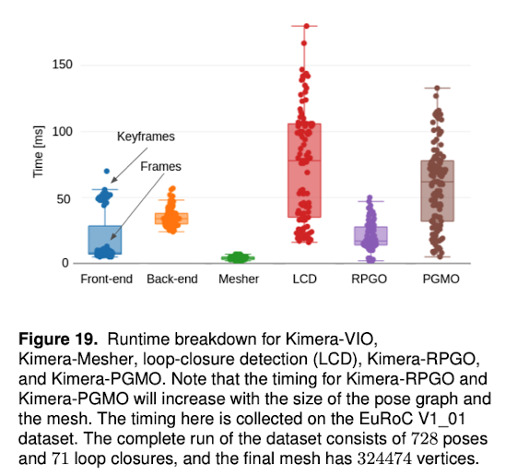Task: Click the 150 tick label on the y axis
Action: [x=62, y=65]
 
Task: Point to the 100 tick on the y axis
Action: [x=62, y=131]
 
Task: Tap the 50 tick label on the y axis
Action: [x=64, y=199]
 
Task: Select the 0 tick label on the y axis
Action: [x=65, y=263]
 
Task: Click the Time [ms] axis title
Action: [x=39, y=152]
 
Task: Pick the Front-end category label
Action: [x=107, y=280]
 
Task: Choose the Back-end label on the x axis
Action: [x=172, y=280]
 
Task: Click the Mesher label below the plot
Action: [x=239, y=280]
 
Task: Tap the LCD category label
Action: [x=305, y=280]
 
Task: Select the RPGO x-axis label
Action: [x=369, y=280]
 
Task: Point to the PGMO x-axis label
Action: [x=441, y=280]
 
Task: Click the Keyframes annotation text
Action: [x=146, y=137]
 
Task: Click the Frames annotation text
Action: [x=161, y=166]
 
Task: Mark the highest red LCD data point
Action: [x=306, y=26]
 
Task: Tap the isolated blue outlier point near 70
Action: [x=107, y=171]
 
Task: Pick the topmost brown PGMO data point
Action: [x=437, y=89]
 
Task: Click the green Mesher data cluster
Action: [x=238, y=257]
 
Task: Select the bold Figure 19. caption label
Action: [x=58, y=339]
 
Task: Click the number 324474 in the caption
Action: [x=384, y=458]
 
